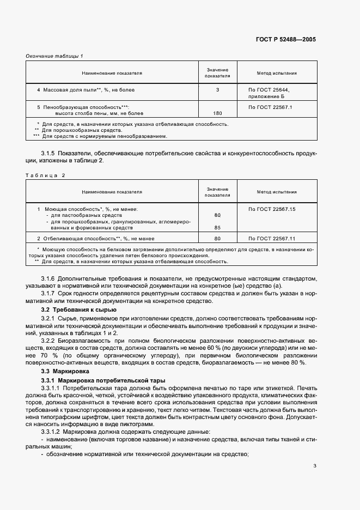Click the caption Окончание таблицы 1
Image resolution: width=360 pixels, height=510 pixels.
[54, 56]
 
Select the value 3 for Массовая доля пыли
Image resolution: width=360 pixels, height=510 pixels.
[217, 89]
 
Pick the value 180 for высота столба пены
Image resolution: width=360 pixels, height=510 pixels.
[217, 113]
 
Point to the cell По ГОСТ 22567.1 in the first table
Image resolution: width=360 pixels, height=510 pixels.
[270, 107]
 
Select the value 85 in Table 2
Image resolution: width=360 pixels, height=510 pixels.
[217, 227]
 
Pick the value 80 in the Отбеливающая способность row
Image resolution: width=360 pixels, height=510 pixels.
[217, 239]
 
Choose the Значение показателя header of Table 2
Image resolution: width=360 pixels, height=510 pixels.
[217, 192]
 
